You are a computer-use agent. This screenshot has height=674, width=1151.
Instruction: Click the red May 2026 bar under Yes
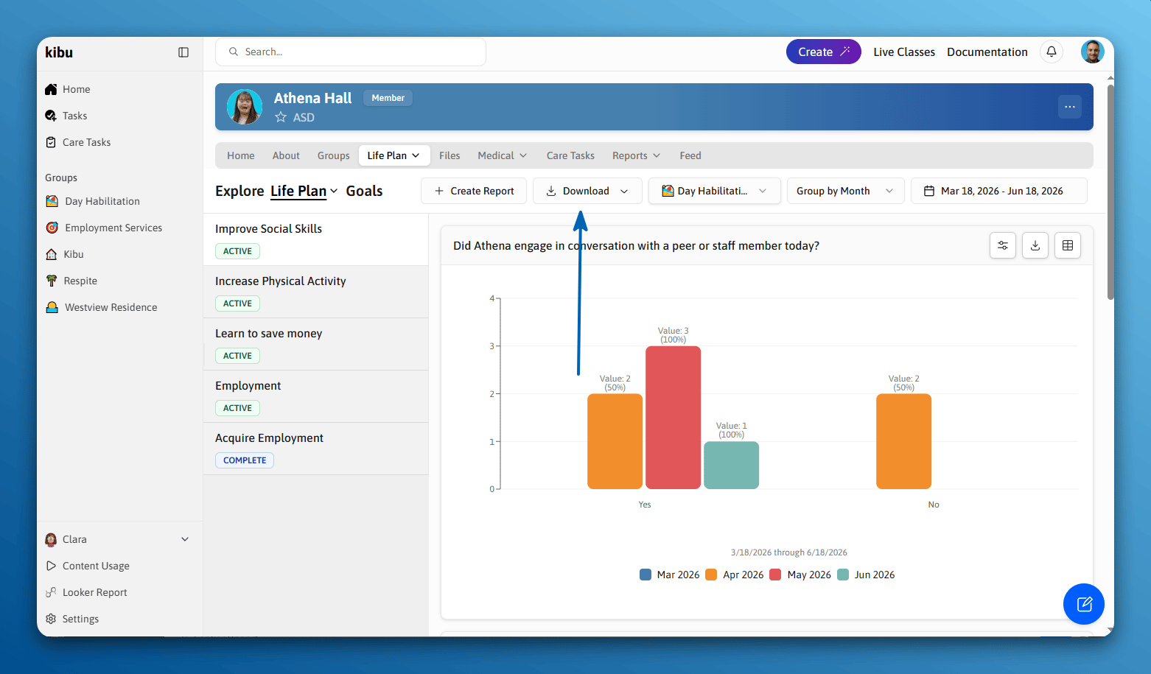pyautogui.click(x=673, y=417)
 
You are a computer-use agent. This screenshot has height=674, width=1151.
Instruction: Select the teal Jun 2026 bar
pyautogui.click(x=731, y=465)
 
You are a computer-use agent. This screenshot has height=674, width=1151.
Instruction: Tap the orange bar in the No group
pyautogui.click(x=903, y=441)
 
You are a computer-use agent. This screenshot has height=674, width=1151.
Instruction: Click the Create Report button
pyautogui.click(x=474, y=191)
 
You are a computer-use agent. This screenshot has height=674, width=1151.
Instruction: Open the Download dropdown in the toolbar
pyautogui.click(x=587, y=191)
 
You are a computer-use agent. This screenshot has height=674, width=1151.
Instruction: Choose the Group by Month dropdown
pyautogui.click(x=845, y=191)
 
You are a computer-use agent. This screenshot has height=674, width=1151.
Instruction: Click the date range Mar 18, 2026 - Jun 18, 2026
pyautogui.click(x=999, y=191)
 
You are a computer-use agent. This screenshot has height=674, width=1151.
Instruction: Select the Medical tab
pyautogui.click(x=502, y=155)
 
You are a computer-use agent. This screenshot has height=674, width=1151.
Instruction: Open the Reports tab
pyautogui.click(x=636, y=155)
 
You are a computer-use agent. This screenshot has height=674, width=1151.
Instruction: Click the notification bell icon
pyautogui.click(x=1052, y=52)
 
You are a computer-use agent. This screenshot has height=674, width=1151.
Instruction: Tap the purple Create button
pyautogui.click(x=823, y=52)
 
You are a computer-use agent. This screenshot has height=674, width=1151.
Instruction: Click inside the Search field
pyautogui.click(x=351, y=52)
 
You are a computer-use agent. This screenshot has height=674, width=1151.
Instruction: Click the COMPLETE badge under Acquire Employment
pyautogui.click(x=245, y=460)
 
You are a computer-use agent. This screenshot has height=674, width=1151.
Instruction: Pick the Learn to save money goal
pyautogui.click(x=268, y=334)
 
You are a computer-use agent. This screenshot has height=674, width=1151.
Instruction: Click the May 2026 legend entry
pyautogui.click(x=800, y=575)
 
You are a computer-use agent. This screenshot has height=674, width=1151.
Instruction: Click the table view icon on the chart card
pyautogui.click(x=1067, y=245)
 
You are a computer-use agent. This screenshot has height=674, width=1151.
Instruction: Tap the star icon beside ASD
pyautogui.click(x=281, y=117)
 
